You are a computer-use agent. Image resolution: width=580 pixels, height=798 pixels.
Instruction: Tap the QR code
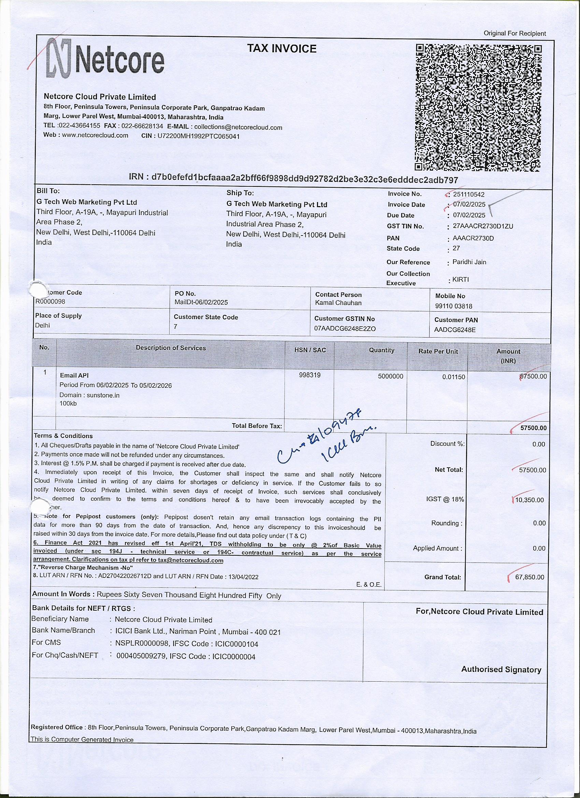tap(479, 108)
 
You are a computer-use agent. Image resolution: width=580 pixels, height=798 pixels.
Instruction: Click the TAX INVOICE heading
tap(281, 48)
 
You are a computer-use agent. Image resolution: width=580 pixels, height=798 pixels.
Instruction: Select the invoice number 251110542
tap(469, 194)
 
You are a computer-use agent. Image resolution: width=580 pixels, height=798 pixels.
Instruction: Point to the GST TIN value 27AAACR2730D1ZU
tap(482, 226)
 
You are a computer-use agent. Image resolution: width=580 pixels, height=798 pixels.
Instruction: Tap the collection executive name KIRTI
tap(460, 280)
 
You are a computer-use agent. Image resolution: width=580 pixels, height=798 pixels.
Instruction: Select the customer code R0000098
tap(50, 301)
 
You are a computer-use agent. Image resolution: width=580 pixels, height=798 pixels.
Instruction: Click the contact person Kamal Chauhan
tap(338, 303)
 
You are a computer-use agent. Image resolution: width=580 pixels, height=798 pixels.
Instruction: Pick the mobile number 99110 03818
tap(454, 306)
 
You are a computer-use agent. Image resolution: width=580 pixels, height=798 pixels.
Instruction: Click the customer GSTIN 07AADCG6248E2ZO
tap(345, 329)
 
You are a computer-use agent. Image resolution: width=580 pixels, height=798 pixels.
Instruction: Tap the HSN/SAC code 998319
tap(309, 375)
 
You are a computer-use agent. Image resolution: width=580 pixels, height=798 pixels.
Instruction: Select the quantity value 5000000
tap(390, 376)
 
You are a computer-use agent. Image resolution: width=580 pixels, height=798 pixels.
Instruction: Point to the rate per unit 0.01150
tap(453, 377)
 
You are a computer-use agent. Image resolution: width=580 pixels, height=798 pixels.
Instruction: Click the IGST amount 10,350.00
tap(530, 500)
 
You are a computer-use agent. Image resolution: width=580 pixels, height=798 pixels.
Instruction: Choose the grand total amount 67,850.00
tap(530, 578)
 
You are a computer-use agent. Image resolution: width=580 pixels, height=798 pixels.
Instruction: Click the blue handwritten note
tap(327, 440)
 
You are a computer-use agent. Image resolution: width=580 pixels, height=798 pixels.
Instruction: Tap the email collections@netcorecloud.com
tap(238, 127)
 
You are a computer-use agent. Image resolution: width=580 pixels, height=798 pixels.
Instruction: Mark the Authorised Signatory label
tap(501, 670)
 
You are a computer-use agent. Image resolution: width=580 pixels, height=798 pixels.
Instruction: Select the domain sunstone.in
tap(103, 395)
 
